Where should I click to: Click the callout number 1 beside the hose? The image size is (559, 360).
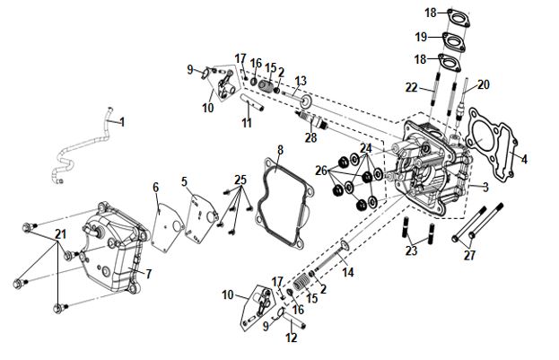[122, 122]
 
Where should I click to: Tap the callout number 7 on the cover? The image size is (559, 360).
[149, 274]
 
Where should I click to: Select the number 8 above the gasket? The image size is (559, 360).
[280, 150]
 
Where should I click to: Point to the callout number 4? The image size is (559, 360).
[524, 159]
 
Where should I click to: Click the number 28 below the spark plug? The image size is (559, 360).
[310, 137]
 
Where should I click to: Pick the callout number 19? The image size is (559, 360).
[421, 37]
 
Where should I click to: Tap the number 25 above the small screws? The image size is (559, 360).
[240, 180]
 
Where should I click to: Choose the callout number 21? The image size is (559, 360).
[61, 234]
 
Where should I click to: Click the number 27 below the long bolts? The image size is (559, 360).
[469, 255]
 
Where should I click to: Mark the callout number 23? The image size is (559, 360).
[411, 250]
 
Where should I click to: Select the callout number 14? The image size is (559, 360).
[348, 272]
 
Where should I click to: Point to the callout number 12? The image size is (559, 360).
[292, 338]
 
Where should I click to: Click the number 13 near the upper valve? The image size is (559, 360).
[301, 81]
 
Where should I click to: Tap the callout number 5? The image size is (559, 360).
[184, 181]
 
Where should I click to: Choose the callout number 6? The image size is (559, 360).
[156, 187]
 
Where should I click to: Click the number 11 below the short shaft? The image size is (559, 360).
[247, 123]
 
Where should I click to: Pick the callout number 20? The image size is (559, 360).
[484, 84]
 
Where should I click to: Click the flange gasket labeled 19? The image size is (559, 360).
[454, 42]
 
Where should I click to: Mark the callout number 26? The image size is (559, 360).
[321, 171]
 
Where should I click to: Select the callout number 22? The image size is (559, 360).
[411, 87]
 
